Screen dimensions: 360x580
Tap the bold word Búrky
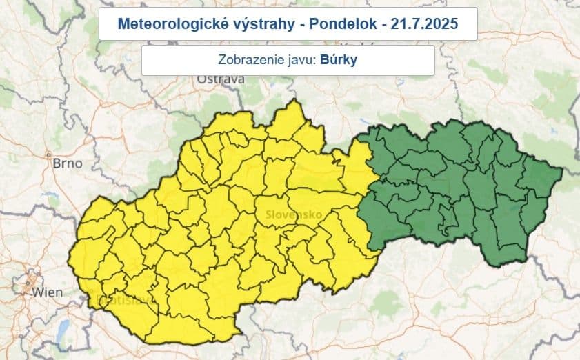point(340,60)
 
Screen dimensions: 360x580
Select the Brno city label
point(68,163)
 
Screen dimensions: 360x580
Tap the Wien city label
point(47,292)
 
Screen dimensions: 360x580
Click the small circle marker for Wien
point(28,282)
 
